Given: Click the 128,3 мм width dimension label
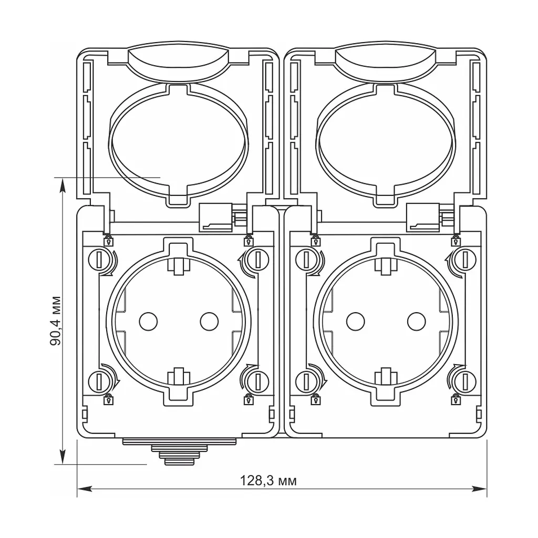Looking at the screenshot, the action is [268, 481].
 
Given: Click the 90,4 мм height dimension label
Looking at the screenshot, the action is [56, 321].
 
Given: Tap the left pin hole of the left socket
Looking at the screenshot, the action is [148, 322].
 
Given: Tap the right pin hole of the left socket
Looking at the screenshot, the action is [209, 322].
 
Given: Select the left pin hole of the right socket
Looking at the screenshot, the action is [356, 322].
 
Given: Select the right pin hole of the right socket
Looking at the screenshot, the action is [417, 322].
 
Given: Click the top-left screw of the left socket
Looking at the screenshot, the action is [99, 260].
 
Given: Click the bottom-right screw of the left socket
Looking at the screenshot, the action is [257, 381].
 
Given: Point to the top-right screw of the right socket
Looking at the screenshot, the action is [465, 260].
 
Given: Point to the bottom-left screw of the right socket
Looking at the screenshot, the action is [306, 381].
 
